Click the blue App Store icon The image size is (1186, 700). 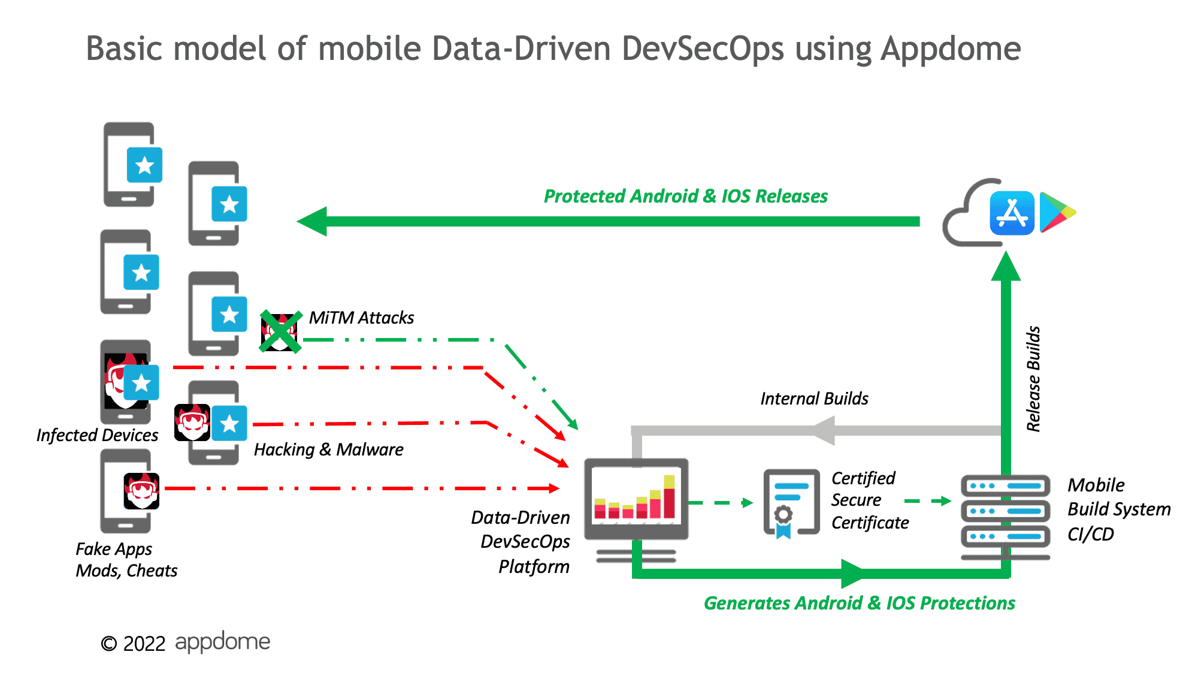tap(1012, 213)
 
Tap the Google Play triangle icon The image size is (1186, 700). tap(1055, 212)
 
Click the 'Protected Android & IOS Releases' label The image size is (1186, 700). tap(685, 196)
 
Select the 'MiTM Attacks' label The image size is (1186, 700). tap(361, 318)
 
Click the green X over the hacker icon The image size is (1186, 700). tap(280, 331)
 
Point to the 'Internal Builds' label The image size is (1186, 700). tap(814, 399)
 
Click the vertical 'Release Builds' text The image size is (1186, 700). tap(1033, 379)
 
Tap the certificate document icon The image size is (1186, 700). tap(791, 502)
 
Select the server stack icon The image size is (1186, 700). tap(1005, 512)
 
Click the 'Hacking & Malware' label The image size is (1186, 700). tap(328, 449)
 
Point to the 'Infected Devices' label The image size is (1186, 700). tap(97, 435)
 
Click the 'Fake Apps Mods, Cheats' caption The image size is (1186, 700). tap(126, 560)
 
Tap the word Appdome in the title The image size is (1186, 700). tap(951, 49)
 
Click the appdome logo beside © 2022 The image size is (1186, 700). tap(222, 642)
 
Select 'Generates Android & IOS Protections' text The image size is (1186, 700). tap(859, 603)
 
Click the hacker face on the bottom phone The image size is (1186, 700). tap(142, 490)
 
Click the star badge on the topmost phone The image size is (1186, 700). tap(144, 165)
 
